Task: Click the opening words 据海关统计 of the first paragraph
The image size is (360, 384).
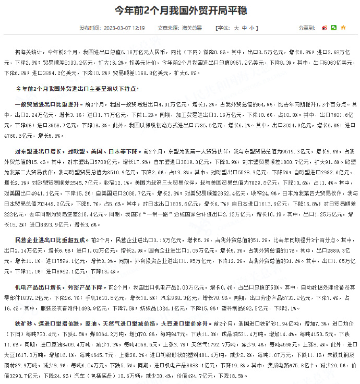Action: (x=29, y=53)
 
